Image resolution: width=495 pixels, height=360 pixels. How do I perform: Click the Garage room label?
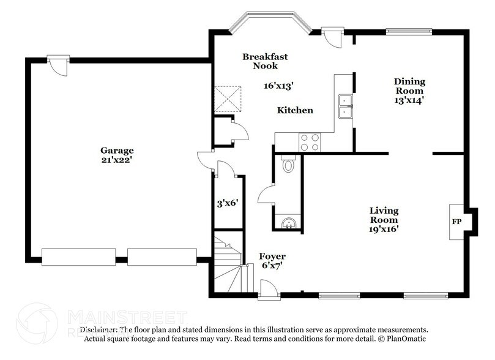pyautogui.click(x=117, y=150)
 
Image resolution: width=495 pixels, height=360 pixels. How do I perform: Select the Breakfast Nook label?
pyautogui.click(x=264, y=61)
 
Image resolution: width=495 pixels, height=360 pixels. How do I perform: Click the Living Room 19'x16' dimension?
pyautogui.click(x=384, y=229)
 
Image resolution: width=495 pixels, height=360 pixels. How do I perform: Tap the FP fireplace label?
pyautogui.click(x=456, y=221)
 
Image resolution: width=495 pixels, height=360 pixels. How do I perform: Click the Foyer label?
pyautogui.click(x=272, y=256)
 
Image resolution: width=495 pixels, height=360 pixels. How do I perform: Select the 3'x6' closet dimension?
pyautogui.click(x=227, y=203)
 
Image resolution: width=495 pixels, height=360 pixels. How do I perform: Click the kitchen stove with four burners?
pyautogui.click(x=310, y=142)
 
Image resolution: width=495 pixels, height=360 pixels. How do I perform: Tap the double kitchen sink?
pyautogui.click(x=346, y=105)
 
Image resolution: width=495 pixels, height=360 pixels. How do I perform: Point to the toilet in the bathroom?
pyautogui.click(x=288, y=164)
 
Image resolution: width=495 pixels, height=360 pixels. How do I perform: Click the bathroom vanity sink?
pyautogui.click(x=288, y=223)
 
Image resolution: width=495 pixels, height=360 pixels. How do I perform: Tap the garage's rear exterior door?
pyautogui.click(x=58, y=65)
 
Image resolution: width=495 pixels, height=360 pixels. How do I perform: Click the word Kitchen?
pyautogui.click(x=295, y=111)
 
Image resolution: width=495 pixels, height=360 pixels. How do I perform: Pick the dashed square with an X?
pyautogui.click(x=227, y=98)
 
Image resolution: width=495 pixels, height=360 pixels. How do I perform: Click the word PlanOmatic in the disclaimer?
pyautogui.click(x=404, y=339)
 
